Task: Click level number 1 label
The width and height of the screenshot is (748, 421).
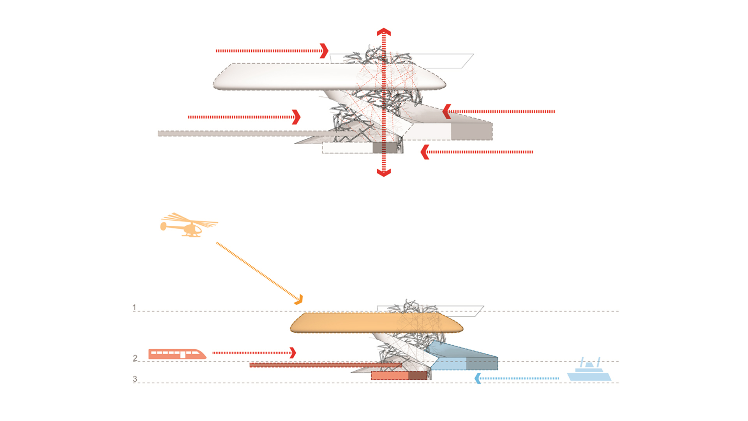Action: click(x=134, y=308)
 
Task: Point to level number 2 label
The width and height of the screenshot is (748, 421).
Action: click(x=135, y=358)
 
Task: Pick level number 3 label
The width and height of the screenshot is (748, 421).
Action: click(x=135, y=379)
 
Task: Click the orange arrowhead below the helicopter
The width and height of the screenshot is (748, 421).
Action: click(x=299, y=300)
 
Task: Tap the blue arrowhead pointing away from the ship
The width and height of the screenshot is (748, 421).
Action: click(x=478, y=378)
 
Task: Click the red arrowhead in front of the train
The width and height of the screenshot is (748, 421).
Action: click(x=293, y=353)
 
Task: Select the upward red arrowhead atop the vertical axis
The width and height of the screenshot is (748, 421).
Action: click(x=384, y=32)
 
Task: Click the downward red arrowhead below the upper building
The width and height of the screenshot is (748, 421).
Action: click(x=384, y=173)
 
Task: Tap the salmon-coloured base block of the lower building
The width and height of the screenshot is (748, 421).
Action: click(x=390, y=375)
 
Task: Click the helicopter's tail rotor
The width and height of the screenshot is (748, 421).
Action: click(x=163, y=226)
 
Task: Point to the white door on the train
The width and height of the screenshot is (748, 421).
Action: click(x=183, y=355)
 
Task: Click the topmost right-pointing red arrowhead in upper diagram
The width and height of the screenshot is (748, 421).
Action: click(x=324, y=51)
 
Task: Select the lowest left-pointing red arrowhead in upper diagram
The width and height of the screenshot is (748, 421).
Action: click(x=425, y=152)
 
